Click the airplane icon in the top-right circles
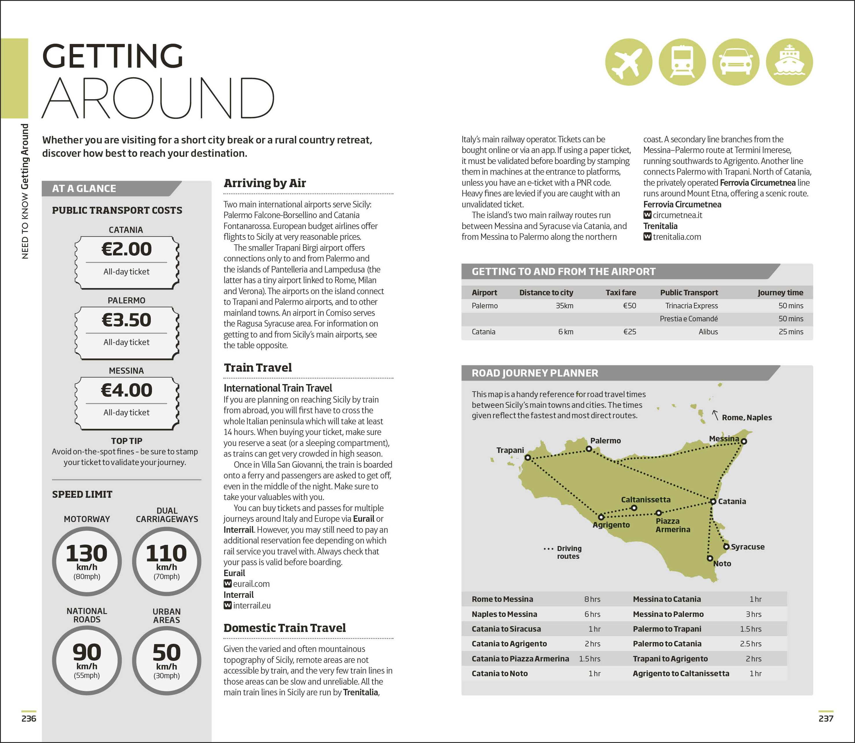[628, 62]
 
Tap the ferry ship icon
[789, 62]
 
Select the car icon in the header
[736, 62]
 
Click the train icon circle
[682, 62]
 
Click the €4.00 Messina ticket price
[126, 390]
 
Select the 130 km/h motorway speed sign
[87, 561]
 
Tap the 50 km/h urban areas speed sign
[166, 660]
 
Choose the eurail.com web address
[251, 584]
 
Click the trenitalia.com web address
[677, 237]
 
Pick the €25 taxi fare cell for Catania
[630, 332]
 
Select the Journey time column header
[780, 292]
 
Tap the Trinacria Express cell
[691, 306]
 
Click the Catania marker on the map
[713, 501]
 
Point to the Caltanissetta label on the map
[646, 499]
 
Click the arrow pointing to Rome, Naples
[715, 415]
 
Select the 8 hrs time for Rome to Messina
[592, 599]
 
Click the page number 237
[826, 718]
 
